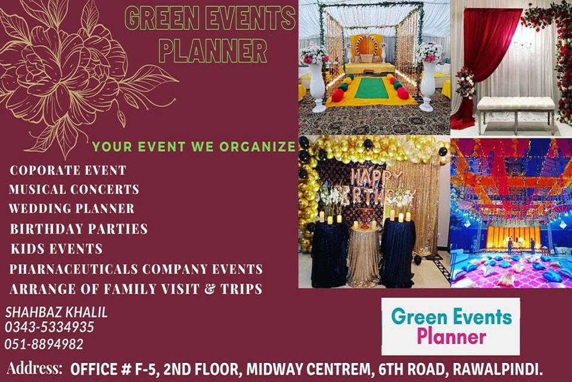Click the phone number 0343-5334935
click(49, 327)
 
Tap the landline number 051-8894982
click(44, 344)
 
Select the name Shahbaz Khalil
click(57, 312)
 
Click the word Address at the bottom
click(35, 368)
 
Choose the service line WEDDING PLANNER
click(72, 208)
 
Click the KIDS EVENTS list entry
click(57, 249)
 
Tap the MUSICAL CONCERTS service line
click(74, 189)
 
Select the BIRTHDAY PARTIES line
click(79, 229)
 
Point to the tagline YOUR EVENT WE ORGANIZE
click(194, 147)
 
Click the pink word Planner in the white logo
click(451, 336)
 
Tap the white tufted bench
click(515, 111)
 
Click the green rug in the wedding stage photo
click(372, 88)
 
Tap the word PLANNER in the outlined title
click(213, 51)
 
